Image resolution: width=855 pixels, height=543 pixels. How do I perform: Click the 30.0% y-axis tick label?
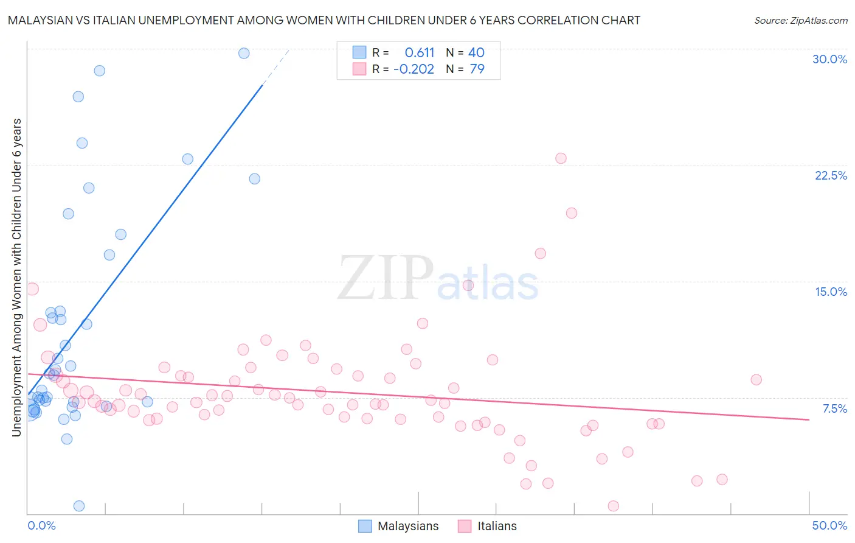click(829, 60)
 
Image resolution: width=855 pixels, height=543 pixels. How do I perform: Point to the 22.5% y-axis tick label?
click(831, 176)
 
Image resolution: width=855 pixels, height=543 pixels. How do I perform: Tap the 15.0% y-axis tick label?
click(831, 292)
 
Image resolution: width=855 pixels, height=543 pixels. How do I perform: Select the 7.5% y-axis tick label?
click(834, 409)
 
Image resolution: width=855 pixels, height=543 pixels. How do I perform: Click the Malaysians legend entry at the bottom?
click(398, 527)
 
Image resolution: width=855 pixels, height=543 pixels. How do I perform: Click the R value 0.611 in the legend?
click(420, 53)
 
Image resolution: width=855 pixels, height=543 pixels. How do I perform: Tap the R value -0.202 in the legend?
click(414, 69)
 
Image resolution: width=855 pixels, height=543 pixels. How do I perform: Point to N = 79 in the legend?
click(465, 69)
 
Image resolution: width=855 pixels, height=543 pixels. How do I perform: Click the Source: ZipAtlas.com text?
click(801, 21)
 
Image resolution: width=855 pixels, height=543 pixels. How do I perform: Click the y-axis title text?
click(17, 278)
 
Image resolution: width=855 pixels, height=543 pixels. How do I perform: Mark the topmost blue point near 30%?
click(244, 54)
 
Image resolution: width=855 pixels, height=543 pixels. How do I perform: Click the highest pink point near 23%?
click(561, 158)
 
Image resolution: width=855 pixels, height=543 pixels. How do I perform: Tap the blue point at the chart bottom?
click(79, 506)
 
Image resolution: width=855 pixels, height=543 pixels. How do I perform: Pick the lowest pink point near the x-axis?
click(614, 506)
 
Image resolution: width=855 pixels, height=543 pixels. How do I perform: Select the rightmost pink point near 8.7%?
click(756, 380)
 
